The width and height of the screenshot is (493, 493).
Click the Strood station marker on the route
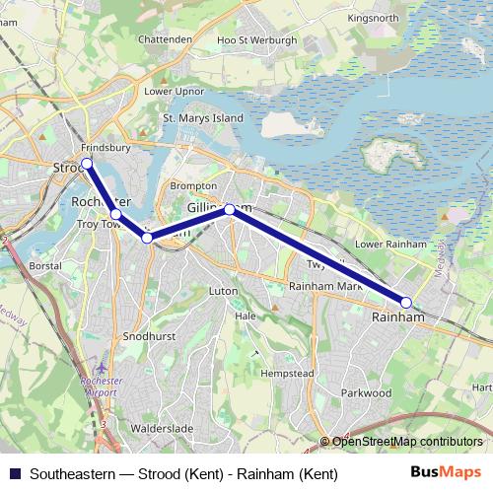87,163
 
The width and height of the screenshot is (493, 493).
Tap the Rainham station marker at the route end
406,302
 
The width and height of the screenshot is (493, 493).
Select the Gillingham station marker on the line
230,209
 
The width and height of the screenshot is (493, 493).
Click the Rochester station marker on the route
115,214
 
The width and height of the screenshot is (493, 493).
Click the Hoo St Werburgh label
255,40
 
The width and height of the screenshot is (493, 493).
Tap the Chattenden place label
166,39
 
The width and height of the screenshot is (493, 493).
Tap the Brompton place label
192,185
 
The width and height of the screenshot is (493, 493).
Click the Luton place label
224,292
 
